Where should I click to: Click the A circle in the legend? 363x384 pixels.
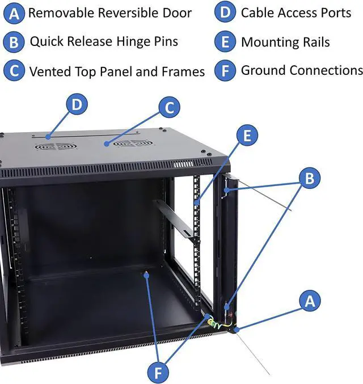[x=14, y=14]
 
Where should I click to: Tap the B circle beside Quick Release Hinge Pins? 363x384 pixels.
[x=14, y=42]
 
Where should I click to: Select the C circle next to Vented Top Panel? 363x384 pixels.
[x=14, y=70]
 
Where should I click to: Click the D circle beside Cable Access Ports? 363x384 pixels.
[x=225, y=12]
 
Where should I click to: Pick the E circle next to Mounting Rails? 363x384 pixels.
[x=225, y=41]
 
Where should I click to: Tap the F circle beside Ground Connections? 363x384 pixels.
[x=225, y=70]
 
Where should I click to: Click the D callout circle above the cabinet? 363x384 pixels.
[x=77, y=104]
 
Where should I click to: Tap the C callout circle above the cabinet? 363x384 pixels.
[x=169, y=107]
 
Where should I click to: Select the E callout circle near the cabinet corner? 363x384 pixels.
[x=247, y=135]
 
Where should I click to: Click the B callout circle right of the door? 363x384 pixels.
[x=310, y=178]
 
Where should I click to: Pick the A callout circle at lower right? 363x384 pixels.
[x=310, y=301]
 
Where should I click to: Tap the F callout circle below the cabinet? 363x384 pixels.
[x=158, y=373]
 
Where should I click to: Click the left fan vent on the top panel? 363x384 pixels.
[x=56, y=147]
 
